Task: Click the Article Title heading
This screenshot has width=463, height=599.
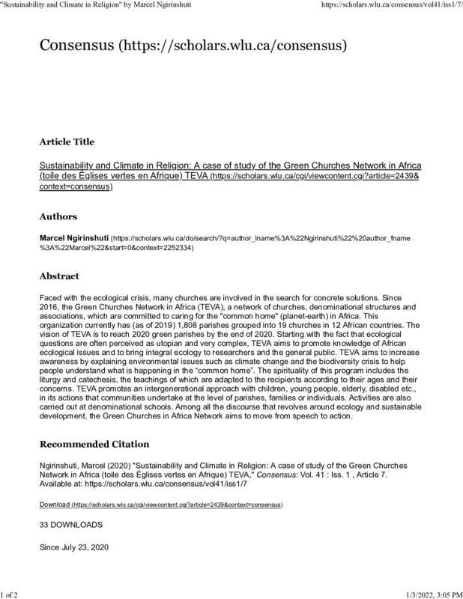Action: [67, 142]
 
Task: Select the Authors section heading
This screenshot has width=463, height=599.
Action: [58, 217]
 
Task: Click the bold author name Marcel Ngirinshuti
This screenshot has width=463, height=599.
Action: [73, 237]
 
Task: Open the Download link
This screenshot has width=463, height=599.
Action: [54, 505]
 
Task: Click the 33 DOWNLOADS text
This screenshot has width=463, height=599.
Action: [71, 526]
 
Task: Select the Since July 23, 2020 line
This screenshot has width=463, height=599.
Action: [74, 547]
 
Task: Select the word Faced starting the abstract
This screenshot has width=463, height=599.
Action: [52, 297]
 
